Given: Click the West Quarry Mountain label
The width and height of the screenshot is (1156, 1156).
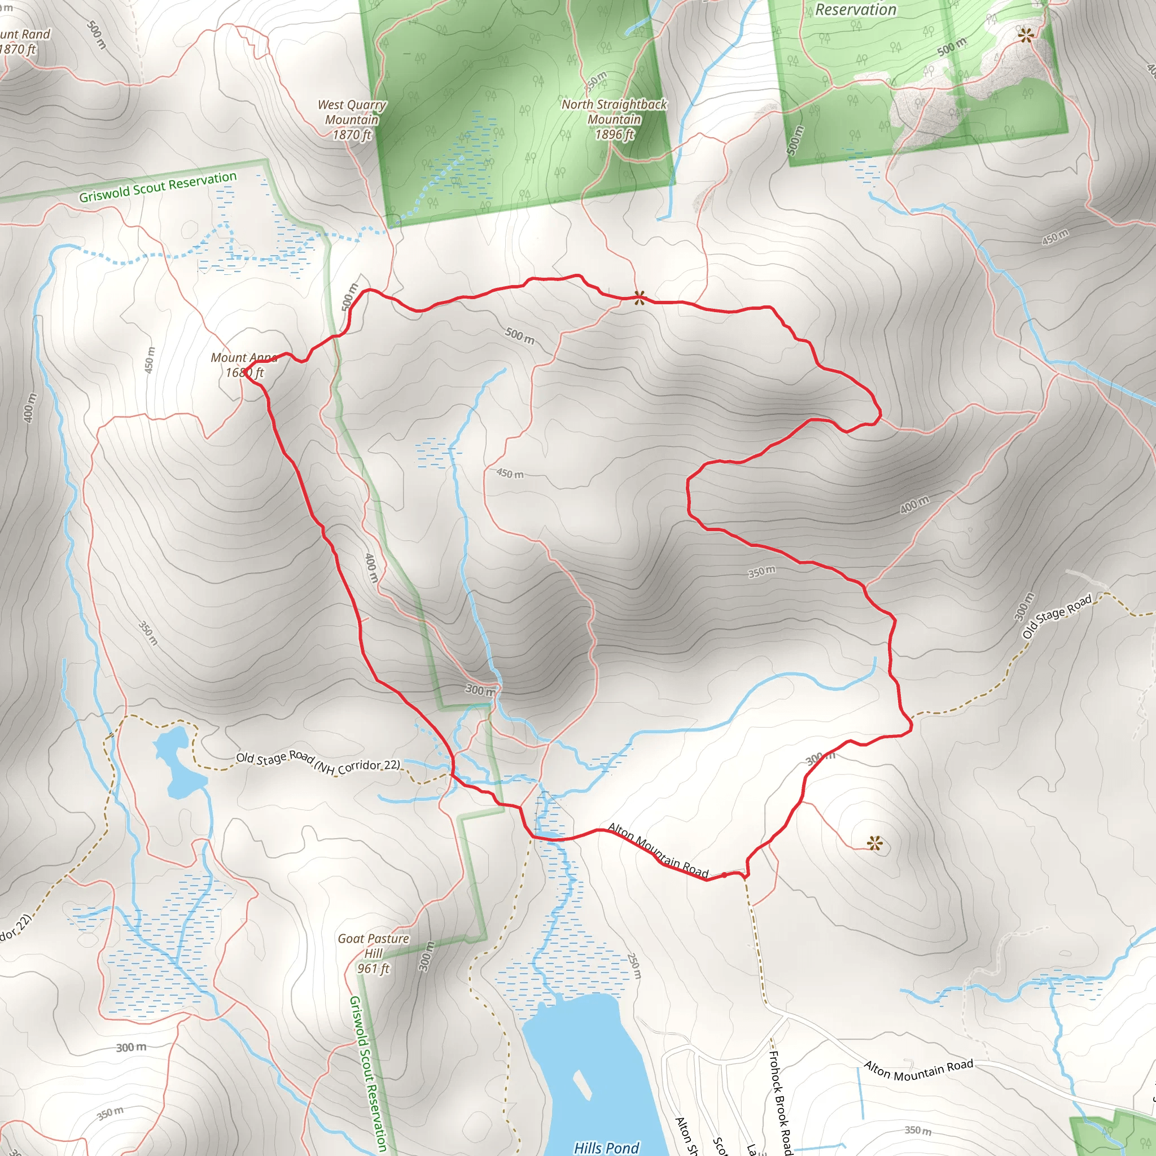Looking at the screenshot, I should pyautogui.click(x=352, y=120).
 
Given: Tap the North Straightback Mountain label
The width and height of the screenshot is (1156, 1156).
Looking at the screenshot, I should pyautogui.click(x=614, y=119).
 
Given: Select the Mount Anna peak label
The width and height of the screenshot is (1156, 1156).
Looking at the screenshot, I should pyautogui.click(x=244, y=365).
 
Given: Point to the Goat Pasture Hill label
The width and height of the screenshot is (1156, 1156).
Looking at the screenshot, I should pyautogui.click(x=373, y=953).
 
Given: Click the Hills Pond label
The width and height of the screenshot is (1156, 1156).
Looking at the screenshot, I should pyautogui.click(x=606, y=1147).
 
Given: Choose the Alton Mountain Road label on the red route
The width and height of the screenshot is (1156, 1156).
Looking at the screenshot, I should pyautogui.click(x=658, y=850).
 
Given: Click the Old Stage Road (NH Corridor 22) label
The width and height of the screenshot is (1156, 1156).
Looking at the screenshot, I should pyautogui.click(x=318, y=761).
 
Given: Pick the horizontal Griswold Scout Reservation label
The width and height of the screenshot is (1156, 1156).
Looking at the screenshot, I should pyautogui.click(x=158, y=187).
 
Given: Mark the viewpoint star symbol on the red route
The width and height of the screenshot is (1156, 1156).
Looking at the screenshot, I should pyautogui.click(x=639, y=297).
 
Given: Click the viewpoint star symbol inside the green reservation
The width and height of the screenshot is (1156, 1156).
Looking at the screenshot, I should pyautogui.click(x=1026, y=36).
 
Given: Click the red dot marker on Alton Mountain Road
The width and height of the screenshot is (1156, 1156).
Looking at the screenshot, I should pyautogui.click(x=724, y=875).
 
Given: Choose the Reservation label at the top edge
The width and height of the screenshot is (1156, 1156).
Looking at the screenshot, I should pyautogui.click(x=856, y=10).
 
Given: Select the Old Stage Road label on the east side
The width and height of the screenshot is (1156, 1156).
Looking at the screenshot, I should pyautogui.click(x=1057, y=616).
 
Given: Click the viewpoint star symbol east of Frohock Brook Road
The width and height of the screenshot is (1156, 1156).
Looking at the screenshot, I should pyautogui.click(x=875, y=844).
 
